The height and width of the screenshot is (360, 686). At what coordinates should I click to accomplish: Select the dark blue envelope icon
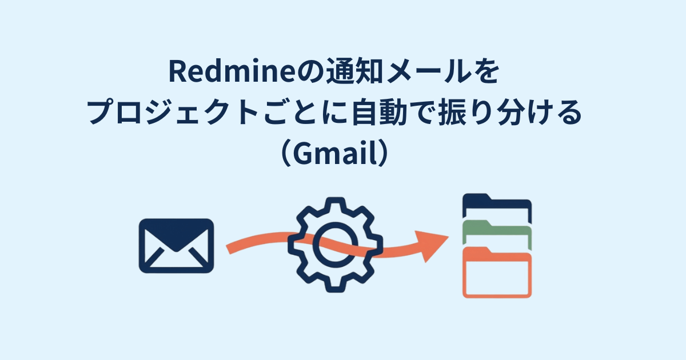[176, 245]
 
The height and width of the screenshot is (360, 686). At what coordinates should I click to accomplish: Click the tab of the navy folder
[477, 198]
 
